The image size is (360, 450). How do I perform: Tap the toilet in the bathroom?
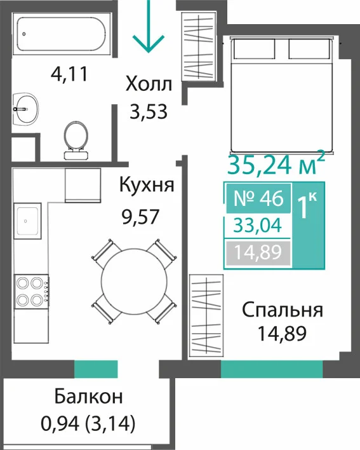pos(76,140)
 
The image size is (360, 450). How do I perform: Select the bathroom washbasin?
pos(25,109)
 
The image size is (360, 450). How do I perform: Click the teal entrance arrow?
pos(148,27)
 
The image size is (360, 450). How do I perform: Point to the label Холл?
pos(149,85)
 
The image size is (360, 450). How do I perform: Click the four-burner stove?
pos(31,292)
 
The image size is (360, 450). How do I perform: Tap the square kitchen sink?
pos(27,221)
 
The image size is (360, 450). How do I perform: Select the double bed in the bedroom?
pos(281,95)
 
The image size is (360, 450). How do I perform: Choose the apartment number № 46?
pos(258,198)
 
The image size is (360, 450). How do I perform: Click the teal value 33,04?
pos(258,226)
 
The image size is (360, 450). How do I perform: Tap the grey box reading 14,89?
pos(258,253)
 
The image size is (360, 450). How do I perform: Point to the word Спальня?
pos(283,310)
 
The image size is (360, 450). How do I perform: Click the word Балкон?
pos(88,397)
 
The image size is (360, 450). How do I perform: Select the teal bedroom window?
pos(272,369)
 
